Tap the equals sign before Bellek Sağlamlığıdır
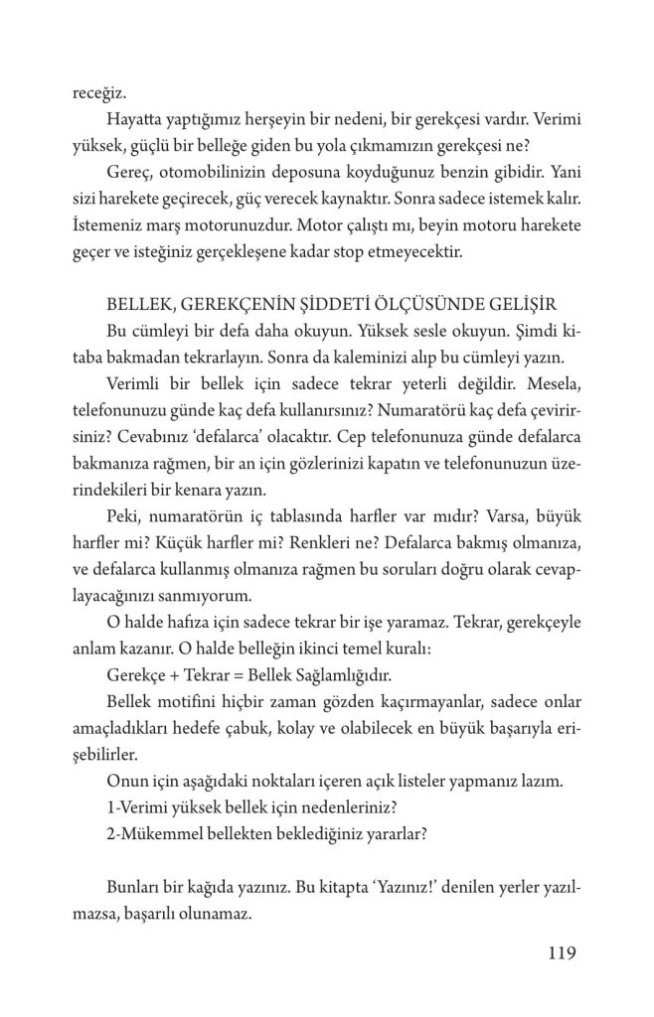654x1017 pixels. [x=237, y=673]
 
